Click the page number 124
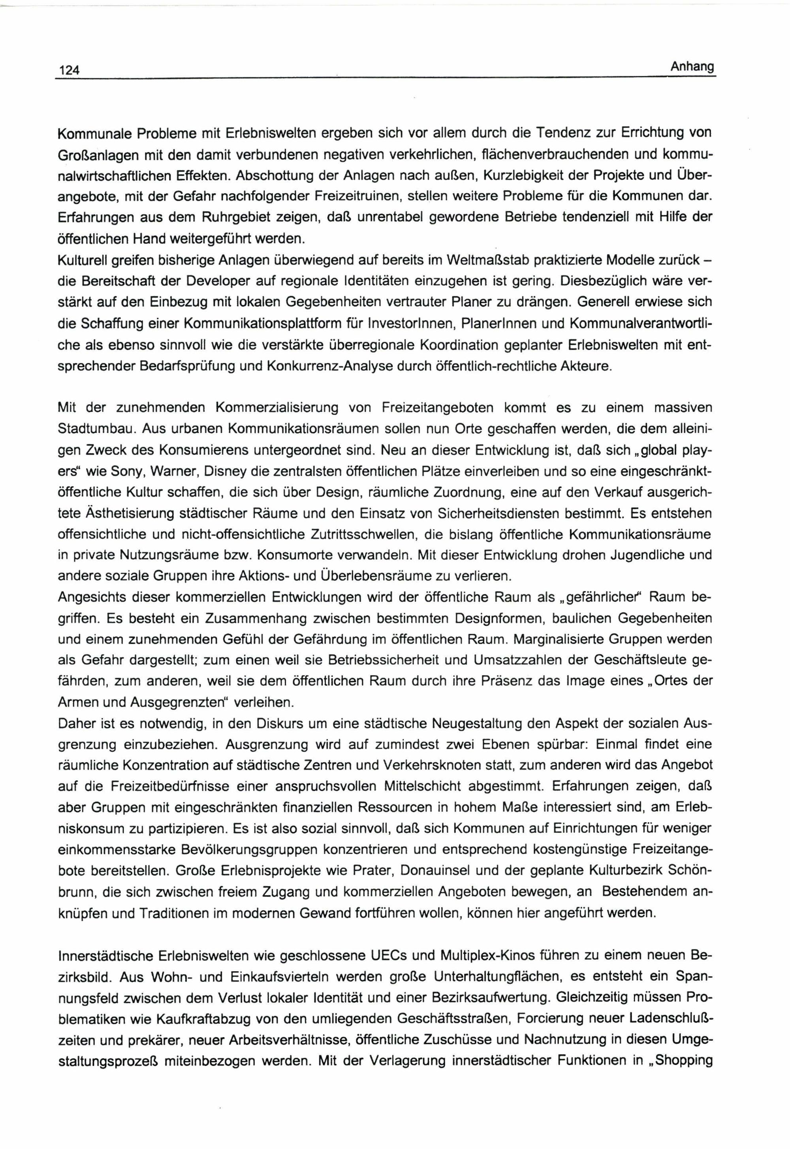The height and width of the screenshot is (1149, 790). point(69,70)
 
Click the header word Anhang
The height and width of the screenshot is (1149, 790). point(692,66)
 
